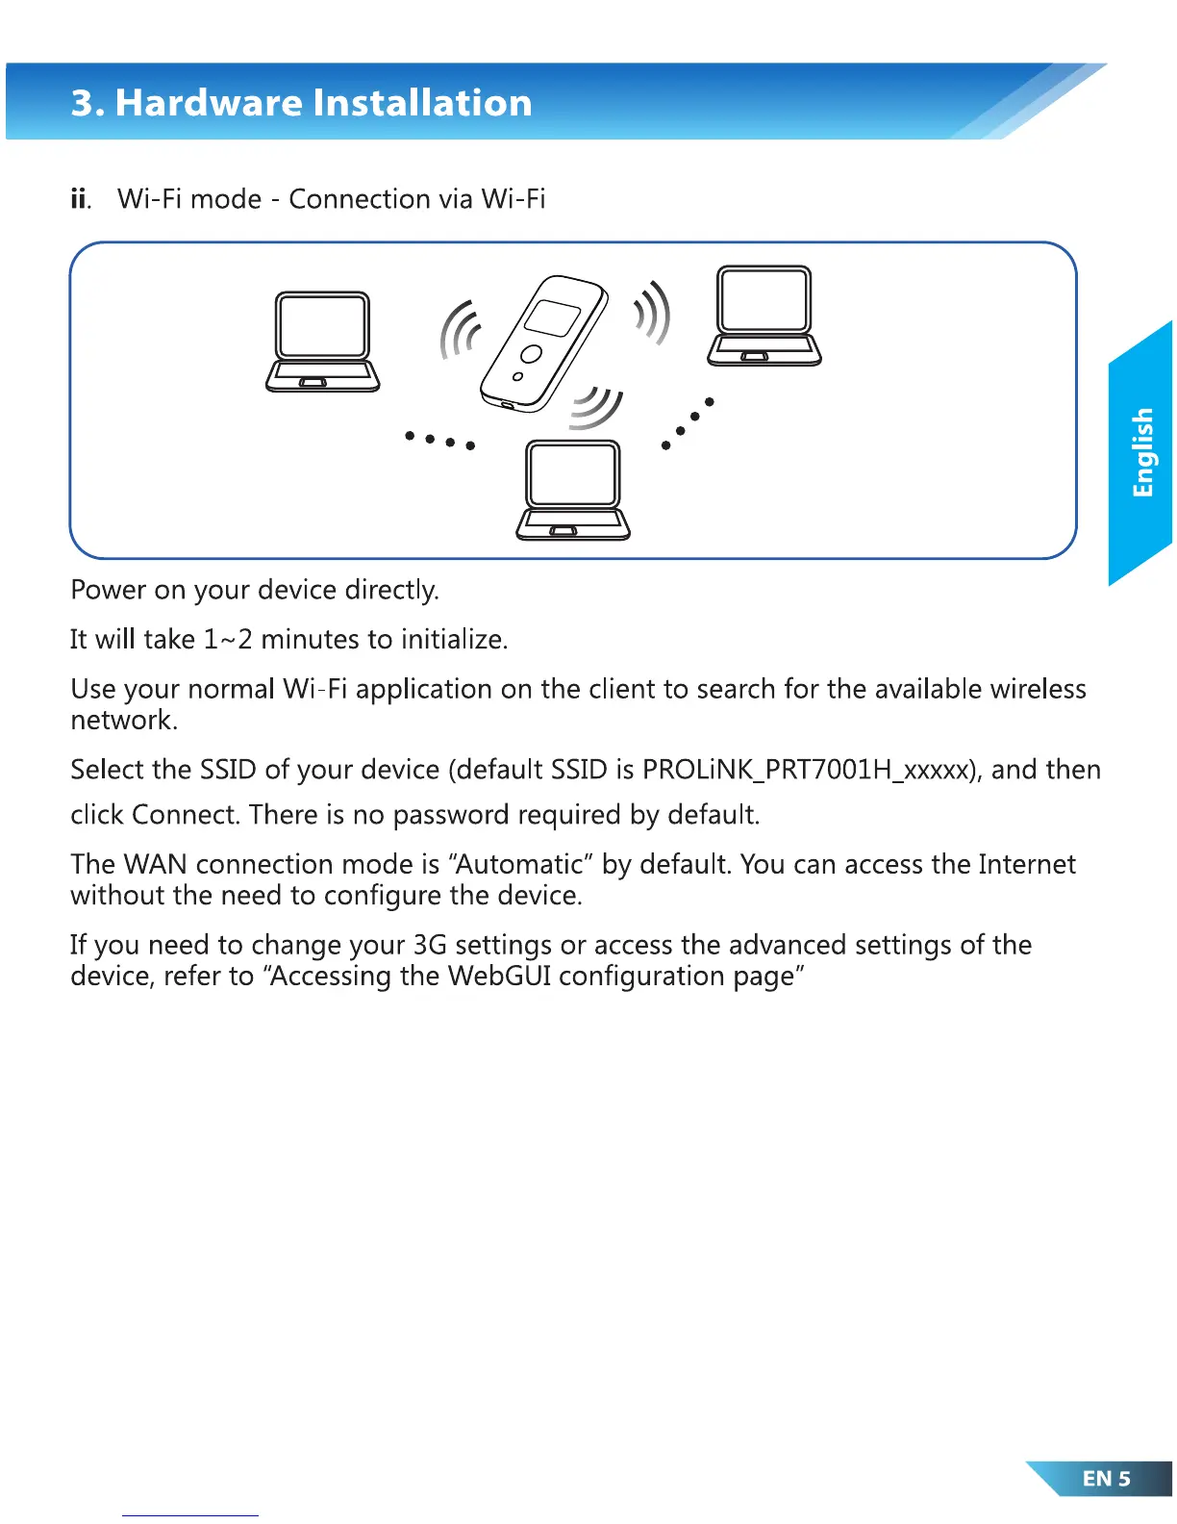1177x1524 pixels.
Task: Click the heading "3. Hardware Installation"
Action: (301, 103)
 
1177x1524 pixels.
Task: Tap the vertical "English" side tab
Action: (1141, 452)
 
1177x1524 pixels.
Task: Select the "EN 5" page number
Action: (1106, 1479)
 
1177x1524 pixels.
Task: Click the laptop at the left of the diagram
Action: (322, 342)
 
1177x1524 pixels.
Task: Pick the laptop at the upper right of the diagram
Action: (764, 317)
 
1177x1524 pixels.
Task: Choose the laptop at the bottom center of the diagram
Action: (573, 490)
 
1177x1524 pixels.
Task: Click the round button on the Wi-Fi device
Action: (531, 353)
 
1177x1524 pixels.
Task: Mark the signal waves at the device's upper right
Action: (653, 312)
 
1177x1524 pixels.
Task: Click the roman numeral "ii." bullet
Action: (81, 199)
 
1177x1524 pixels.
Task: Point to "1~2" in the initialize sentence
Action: (228, 640)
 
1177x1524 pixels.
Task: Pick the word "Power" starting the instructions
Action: (109, 590)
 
